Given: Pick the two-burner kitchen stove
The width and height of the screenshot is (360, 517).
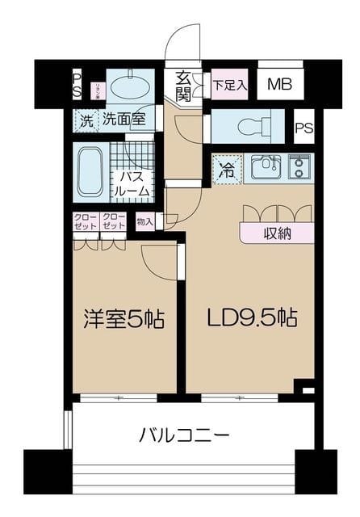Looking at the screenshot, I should coord(299,168).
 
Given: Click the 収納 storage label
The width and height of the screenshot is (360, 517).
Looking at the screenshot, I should coord(277,233).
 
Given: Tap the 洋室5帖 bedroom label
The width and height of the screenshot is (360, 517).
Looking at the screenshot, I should coord(124,319).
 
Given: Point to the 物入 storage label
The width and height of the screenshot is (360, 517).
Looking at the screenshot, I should coord(145,221).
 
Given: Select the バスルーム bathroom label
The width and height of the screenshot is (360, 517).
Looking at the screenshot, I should coord(132,184).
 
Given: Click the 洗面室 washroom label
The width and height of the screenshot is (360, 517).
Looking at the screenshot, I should coord(122,121).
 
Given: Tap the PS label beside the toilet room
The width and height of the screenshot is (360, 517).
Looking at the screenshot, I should coord(303,127).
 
